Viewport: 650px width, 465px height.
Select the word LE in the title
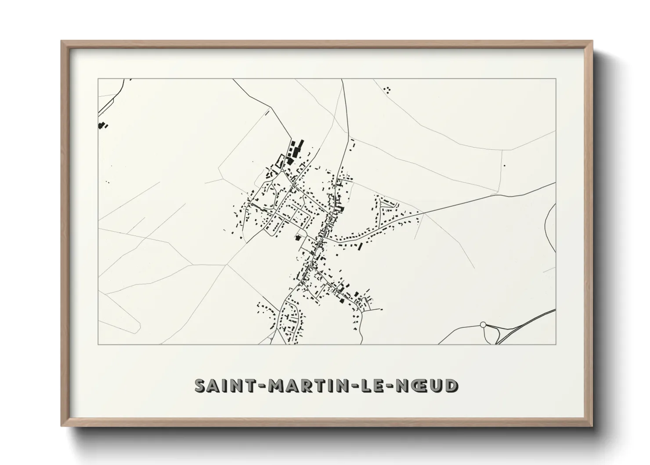376,385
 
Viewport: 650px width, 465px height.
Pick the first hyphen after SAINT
260,386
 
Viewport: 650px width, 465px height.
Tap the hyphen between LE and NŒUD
394,386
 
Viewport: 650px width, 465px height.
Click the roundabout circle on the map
483,324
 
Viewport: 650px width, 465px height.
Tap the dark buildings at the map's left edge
102,126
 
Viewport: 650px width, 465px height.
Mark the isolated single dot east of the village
505,165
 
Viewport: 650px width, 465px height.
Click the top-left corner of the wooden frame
62,41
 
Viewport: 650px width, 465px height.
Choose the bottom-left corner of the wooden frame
62,426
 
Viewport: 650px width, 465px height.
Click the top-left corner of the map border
98,79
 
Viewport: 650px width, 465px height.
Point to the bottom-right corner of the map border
556,345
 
